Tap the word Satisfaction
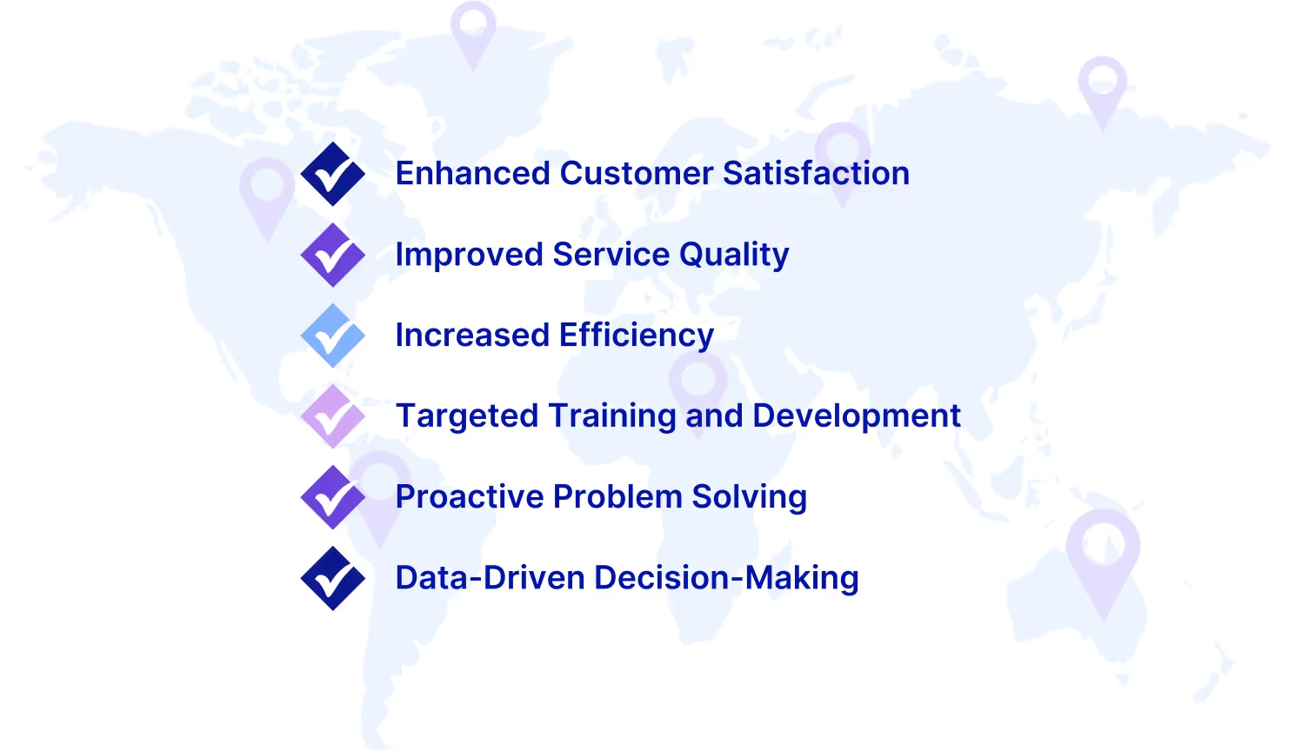pos(816,173)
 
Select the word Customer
pos(637,173)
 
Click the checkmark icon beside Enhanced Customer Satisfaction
pos(332,174)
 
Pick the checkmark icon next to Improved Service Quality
pos(332,255)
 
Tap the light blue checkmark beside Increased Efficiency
pos(332,336)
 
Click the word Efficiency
pos(637,336)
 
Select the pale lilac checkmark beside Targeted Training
pos(332,416)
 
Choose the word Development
pos(857,416)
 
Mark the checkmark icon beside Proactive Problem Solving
pos(332,497)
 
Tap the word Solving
pos(749,497)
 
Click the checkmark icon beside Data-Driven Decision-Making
pos(332,578)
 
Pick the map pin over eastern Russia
pos(1103,87)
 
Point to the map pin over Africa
pos(698,382)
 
